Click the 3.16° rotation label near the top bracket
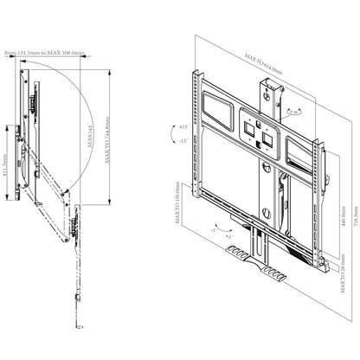point(295,112)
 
